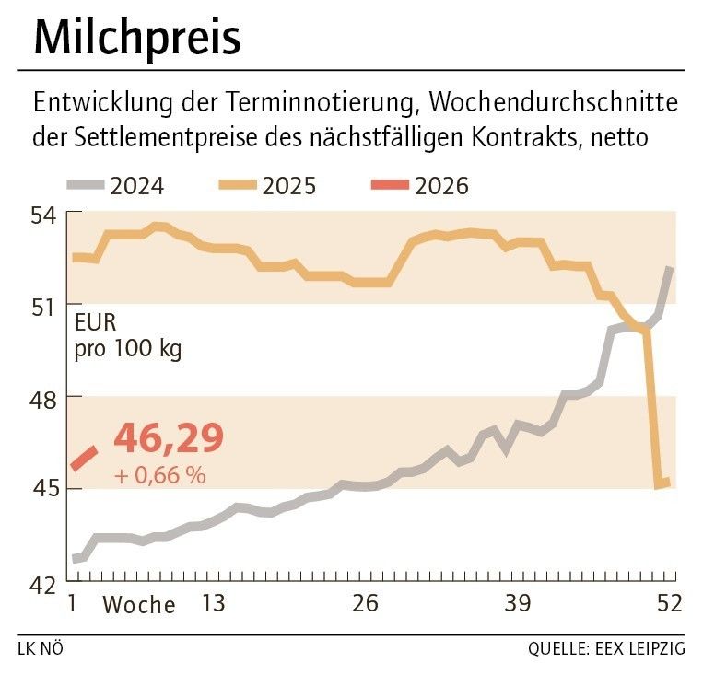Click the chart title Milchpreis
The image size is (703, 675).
point(137,39)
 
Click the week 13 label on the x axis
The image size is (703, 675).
point(213,604)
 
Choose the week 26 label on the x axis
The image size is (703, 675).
point(366,604)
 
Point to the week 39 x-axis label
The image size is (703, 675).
point(518,604)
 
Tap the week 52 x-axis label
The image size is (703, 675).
point(667,604)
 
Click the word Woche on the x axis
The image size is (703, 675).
point(138,605)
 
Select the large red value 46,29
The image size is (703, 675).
point(169,439)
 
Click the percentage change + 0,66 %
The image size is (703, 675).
point(159,476)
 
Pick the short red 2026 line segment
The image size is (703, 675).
point(85,458)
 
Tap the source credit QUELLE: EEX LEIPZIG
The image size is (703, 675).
point(606,649)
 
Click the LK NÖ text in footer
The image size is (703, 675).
point(41,649)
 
